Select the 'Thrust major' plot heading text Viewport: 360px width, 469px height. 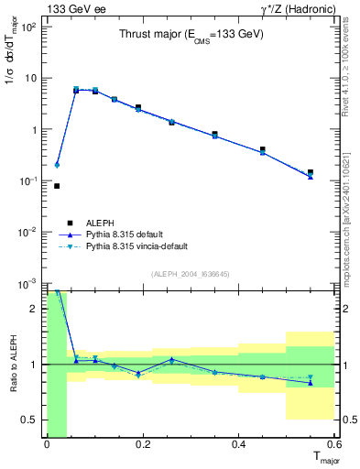pos(191,34)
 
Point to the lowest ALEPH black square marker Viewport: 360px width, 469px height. pos(57,186)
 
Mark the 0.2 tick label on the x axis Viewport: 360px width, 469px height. pos(142,444)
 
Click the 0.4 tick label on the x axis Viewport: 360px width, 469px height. pos(238,444)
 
